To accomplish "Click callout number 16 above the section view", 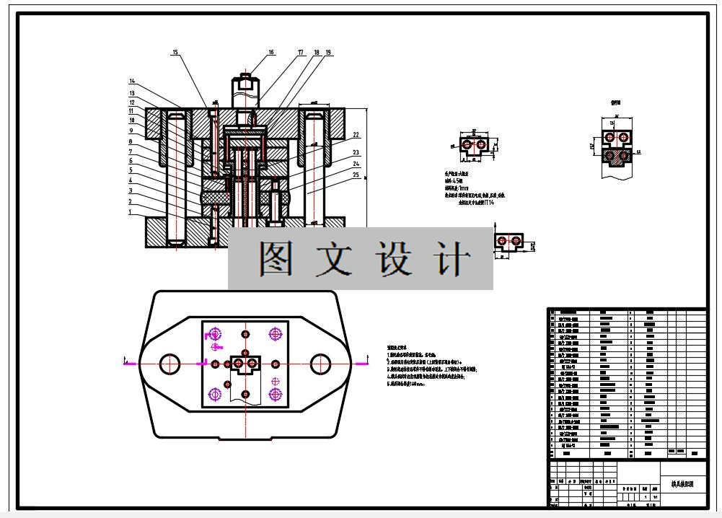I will click(271, 52).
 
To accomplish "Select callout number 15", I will click(175, 52).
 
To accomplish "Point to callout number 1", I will click(131, 213).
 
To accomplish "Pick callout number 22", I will click(356, 135).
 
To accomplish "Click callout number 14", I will click(132, 81).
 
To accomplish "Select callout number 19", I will click(328, 53).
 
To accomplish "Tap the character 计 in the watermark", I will click(453, 258).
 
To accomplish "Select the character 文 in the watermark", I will click(335, 258).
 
